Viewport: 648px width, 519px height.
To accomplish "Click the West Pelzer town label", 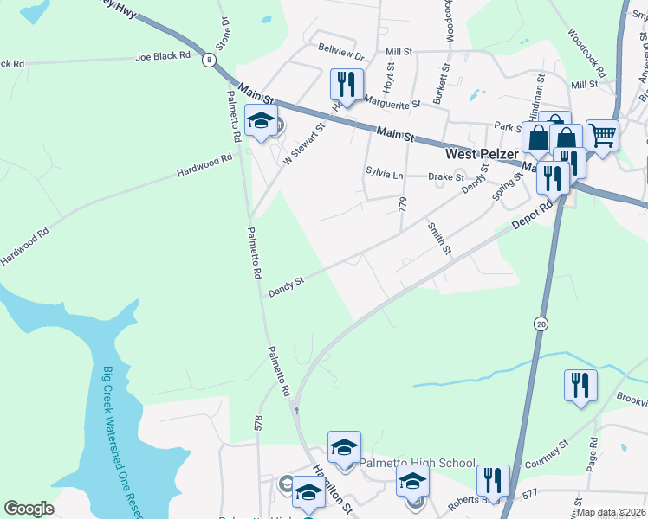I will tap(481, 154).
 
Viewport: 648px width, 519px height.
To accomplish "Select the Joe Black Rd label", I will tap(163, 56).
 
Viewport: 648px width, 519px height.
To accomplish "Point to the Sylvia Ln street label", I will tap(385, 173).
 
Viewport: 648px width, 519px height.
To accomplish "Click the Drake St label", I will tap(447, 176).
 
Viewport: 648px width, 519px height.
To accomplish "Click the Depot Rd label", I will tap(532, 216).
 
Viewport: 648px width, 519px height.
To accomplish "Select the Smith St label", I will tap(439, 238).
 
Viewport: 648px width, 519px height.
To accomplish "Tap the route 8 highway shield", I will tap(209, 59).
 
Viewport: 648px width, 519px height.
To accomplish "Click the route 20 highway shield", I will tap(541, 323).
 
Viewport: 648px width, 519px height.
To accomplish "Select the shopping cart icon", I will tap(602, 134).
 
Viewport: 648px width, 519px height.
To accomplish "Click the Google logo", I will tap(29, 509).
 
